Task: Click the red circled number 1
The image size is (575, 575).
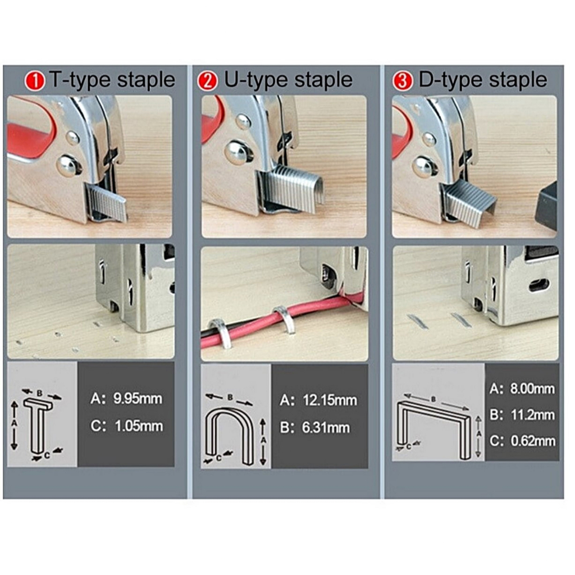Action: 35,81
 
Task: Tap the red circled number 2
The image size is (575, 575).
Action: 208,81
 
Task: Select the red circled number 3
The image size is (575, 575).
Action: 402,81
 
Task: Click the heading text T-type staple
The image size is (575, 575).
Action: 112,80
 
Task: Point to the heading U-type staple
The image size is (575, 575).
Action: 288,80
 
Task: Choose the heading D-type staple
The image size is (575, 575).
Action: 483,80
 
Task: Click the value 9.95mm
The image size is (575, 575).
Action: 138,399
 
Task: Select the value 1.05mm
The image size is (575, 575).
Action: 139,426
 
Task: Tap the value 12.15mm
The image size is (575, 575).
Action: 330,400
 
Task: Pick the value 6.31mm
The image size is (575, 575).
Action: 326,427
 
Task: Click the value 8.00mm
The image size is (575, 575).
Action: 532,389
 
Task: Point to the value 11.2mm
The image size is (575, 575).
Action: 533,415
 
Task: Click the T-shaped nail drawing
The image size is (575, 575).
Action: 38,426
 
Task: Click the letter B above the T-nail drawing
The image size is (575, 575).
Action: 40,393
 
